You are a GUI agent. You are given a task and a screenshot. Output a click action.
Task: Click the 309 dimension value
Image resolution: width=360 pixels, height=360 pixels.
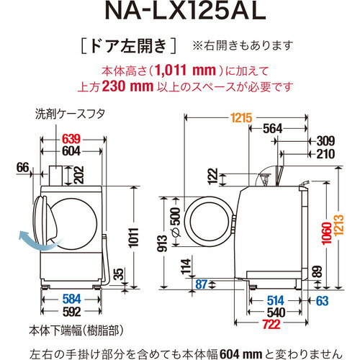(x=325, y=141)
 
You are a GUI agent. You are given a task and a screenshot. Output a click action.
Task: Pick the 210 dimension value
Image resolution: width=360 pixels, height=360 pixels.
(x=325, y=153)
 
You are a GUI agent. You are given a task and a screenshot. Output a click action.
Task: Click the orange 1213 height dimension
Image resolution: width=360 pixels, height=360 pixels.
(x=349, y=217)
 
